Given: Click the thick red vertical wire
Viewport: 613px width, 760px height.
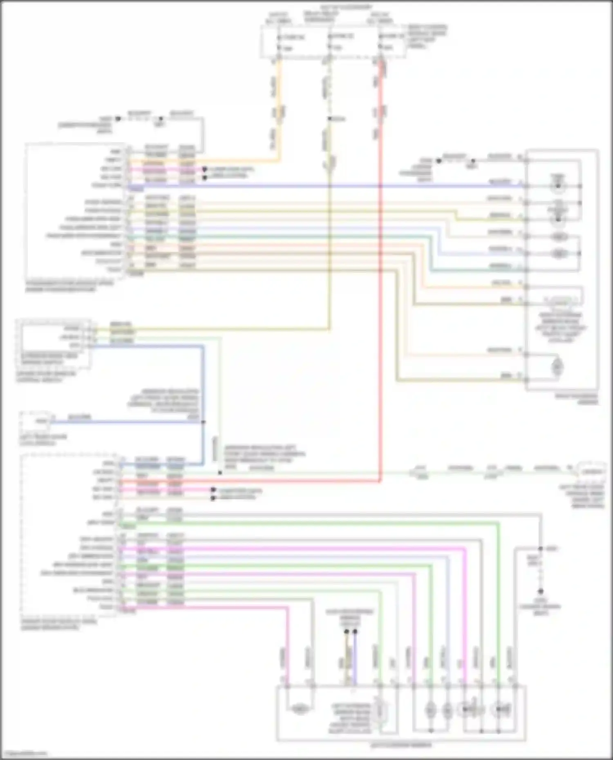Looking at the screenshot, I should point(380,286).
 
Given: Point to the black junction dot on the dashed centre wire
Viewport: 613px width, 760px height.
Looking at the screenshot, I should point(329,119).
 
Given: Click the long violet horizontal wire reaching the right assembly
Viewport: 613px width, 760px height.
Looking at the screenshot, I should point(327,186).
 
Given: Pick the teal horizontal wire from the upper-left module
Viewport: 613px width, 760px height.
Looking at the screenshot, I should point(286,236).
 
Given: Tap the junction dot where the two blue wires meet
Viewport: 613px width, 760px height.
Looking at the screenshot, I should point(203,422).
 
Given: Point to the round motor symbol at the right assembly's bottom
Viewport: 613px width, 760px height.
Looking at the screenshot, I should point(557,366).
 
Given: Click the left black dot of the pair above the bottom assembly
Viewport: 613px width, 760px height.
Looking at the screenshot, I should point(347,631).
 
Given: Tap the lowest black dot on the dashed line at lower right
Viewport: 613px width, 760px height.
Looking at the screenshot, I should point(540,591).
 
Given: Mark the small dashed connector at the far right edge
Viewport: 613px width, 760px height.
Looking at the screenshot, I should point(591,471).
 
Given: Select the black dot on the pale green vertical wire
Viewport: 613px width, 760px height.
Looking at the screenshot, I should point(220,473).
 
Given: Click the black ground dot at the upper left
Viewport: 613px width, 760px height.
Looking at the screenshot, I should point(118,119).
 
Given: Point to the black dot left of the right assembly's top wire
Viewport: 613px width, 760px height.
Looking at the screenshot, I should point(438,161).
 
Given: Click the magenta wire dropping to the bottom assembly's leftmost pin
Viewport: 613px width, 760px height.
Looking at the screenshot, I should point(288,645).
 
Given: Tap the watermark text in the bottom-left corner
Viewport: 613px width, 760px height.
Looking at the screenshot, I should point(24,754).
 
